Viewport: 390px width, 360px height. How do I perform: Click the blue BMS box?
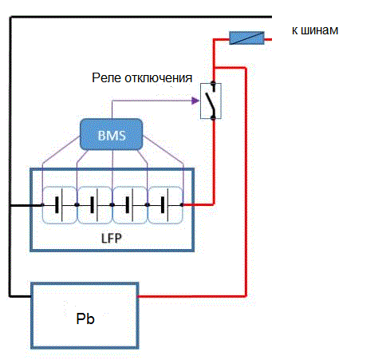tap(112, 134)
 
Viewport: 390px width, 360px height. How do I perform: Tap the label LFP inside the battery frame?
tap(112, 238)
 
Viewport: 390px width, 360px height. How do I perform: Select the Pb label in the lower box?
tap(85, 318)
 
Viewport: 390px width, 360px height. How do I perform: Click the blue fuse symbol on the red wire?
tap(246, 38)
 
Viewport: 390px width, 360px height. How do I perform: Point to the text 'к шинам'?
tap(315, 30)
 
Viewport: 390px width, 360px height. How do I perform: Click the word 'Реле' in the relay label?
tap(107, 78)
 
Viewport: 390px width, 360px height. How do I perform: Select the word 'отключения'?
tap(159, 78)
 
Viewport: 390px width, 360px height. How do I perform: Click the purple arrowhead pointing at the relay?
tap(195, 101)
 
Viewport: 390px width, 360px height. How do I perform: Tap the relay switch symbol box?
tap(211, 101)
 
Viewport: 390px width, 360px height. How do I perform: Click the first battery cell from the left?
tap(60, 205)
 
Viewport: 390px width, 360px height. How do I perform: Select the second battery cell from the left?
tap(95, 205)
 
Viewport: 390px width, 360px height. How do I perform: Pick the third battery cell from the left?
tap(130, 205)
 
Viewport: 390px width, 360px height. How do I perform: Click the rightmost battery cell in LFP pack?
tap(165, 205)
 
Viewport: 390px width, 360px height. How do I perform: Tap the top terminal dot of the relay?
tap(213, 83)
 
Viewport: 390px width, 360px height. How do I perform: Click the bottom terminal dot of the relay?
tap(213, 117)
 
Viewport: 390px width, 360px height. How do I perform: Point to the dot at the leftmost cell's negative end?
tap(42, 205)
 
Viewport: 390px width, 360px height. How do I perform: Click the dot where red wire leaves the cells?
tap(182, 205)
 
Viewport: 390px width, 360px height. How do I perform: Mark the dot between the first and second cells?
tap(77, 205)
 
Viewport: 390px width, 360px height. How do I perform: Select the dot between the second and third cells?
tap(112, 205)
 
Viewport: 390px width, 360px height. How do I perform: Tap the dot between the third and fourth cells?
tap(148, 205)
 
